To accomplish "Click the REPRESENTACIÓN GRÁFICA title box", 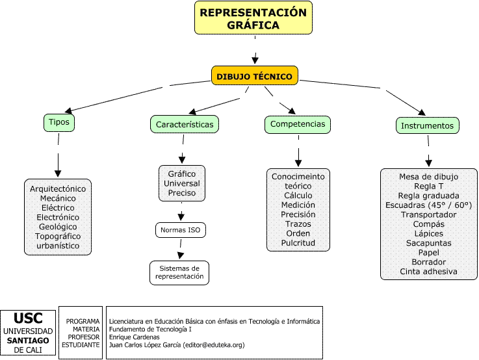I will coord(253,18).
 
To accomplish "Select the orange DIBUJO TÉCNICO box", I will coord(255,76).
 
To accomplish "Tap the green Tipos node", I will coord(58,122).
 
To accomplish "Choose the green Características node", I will coord(185,123).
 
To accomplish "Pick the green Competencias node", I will coord(298,123).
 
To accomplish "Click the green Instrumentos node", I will coord(427,125).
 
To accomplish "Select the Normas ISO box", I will coord(181,230).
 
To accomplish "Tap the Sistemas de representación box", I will coord(179,272).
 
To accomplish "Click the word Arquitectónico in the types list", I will coord(58,188).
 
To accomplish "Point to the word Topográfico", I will coord(57,236).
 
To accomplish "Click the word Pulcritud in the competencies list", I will coord(298,242).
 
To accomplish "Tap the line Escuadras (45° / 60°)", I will coord(428,205).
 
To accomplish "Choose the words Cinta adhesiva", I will coord(428,271).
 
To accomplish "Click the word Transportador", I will coord(428,214).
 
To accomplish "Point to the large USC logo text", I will coord(28,318).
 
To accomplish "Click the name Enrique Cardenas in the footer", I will coord(133,337).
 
